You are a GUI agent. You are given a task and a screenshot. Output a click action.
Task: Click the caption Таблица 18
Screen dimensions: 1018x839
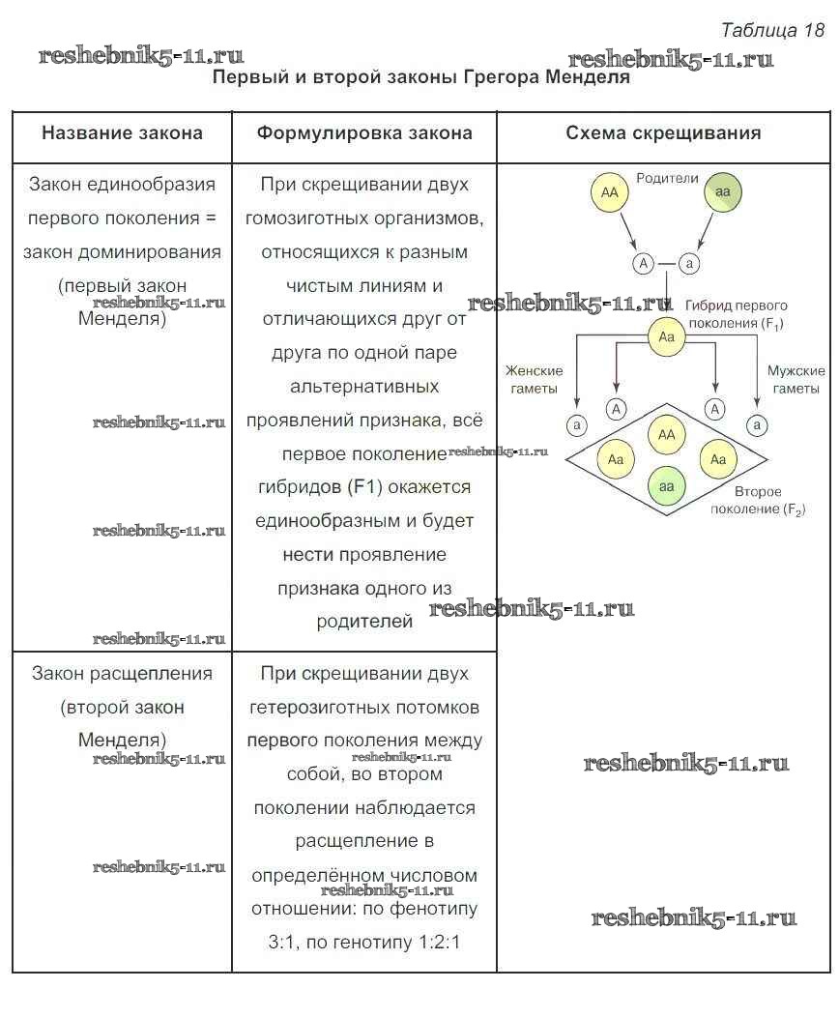pos(772,30)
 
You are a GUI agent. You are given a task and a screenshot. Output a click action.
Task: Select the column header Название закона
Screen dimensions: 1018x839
pos(122,133)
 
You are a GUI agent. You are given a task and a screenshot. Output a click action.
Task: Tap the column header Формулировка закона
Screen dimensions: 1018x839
pos(364,133)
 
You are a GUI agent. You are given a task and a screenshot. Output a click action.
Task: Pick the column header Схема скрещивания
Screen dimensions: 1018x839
pos(663,133)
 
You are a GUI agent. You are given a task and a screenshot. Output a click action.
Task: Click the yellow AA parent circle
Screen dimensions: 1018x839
pos(609,193)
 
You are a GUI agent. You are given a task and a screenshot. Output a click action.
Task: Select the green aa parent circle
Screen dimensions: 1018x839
pos(722,193)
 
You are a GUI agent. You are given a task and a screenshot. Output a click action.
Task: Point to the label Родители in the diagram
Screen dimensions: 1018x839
pos(667,179)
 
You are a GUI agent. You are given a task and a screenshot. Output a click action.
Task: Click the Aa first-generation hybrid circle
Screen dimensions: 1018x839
pos(665,336)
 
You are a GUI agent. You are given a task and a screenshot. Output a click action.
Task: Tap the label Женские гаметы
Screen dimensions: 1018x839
pos(533,380)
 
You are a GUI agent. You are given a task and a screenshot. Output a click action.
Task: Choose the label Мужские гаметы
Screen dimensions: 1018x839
pos(796,380)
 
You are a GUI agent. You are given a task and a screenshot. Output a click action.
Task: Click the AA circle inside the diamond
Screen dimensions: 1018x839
pos(666,435)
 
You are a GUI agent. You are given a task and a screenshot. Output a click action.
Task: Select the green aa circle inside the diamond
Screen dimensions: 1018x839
pos(666,486)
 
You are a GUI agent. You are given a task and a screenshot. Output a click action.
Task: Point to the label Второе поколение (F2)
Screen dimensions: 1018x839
pos(759,501)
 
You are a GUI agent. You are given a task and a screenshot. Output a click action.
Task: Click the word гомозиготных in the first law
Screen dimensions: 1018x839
pos(364,218)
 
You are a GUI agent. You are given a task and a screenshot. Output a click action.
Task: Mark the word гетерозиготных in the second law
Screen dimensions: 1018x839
pos(364,708)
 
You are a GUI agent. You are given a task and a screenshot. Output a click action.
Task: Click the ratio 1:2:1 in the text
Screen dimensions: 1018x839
pos(435,942)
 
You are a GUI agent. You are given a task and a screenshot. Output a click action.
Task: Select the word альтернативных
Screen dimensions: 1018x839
pos(364,387)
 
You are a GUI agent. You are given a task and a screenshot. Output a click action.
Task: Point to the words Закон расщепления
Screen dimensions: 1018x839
pos(122,674)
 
